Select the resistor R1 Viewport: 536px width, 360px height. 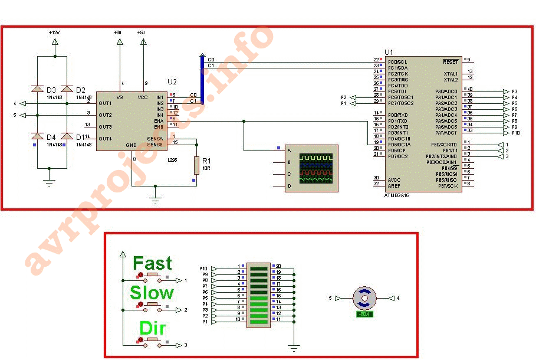coord(196,165)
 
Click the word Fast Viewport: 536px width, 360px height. coord(152,263)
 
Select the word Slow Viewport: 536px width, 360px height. coord(152,293)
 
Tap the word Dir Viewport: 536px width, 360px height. coord(152,328)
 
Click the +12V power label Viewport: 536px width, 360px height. coord(54,34)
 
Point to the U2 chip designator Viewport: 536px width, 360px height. coord(172,81)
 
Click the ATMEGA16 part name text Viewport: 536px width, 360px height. coord(396,195)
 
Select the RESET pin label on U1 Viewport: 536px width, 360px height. coord(450,61)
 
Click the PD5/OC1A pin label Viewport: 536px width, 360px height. coord(399,145)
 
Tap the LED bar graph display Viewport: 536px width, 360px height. coord(259,293)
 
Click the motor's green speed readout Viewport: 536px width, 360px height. coord(364,314)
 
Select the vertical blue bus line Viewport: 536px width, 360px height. coord(202,79)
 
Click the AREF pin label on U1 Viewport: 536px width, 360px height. coord(394,185)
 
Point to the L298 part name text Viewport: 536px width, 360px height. coord(173,160)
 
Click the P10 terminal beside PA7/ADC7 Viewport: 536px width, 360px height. coord(515,133)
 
